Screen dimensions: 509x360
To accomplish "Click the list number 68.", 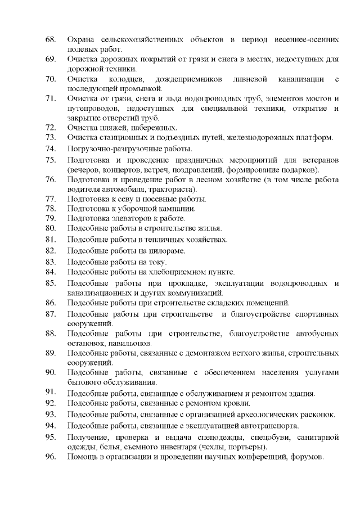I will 50,40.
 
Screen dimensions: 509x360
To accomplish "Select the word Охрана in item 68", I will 81,40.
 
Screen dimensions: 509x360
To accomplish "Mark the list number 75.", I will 50,160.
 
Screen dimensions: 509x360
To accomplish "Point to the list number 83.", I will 50,262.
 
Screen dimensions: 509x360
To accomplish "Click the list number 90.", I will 50,372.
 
